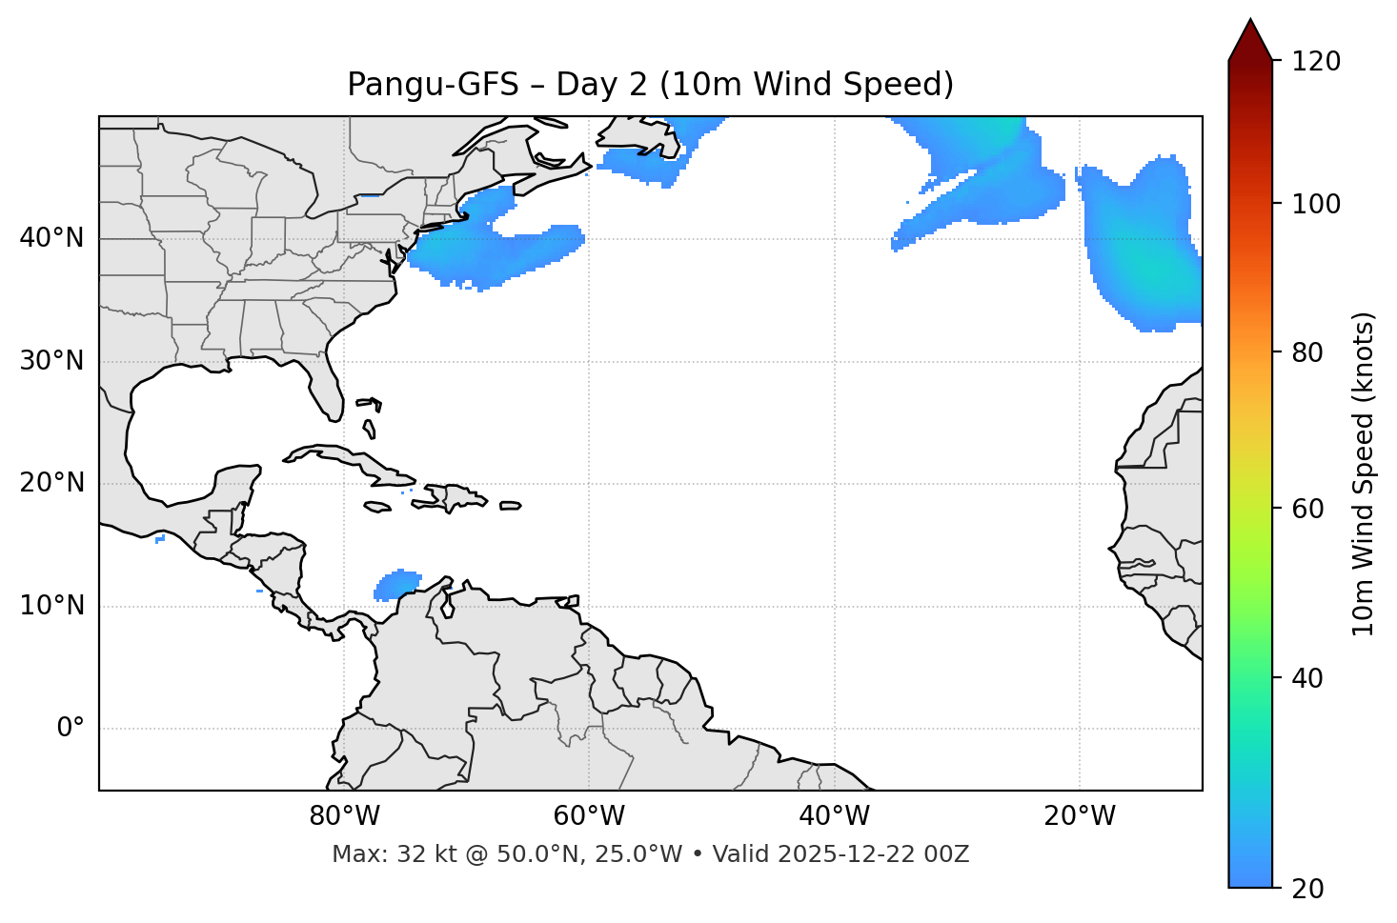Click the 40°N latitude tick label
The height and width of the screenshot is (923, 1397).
pyautogui.click(x=51, y=238)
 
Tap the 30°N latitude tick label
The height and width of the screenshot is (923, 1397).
pyautogui.click(x=51, y=361)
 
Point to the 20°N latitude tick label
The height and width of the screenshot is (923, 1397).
pyautogui.click(x=51, y=483)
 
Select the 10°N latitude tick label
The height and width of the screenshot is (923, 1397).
pyautogui.click(x=51, y=606)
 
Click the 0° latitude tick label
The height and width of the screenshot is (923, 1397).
pyautogui.click(x=71, y=729)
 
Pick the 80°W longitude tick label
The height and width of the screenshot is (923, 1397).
pyautogui.click(x=344, y=816)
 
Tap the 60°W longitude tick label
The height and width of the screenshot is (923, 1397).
pyautogui.click(x=589, y=816)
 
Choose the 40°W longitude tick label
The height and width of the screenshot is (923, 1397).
pyautogui.click(x=835, y=816)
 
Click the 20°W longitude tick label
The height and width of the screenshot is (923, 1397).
pyautogui.click(x=1080, y=816)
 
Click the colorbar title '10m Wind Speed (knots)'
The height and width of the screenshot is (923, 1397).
pyautogui.click(x=1364, y=473)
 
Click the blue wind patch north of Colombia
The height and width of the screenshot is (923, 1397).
pyautogui.click(x=397, y=584)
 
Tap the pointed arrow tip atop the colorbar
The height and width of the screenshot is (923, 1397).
pyautogui.click(x=1250, y=23)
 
